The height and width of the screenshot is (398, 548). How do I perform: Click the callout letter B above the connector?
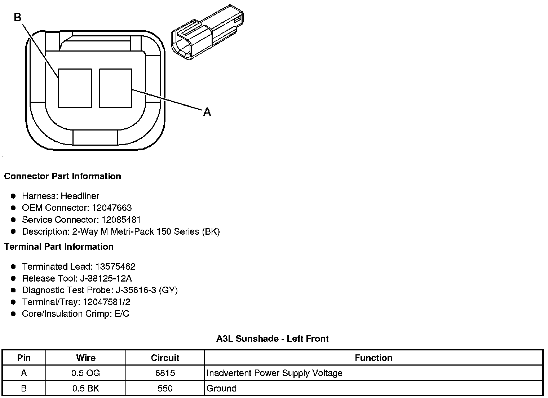pos(18,17)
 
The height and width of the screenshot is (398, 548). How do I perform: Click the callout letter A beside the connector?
pos(207,112)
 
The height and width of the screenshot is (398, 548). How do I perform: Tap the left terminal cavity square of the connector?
pos(75,88)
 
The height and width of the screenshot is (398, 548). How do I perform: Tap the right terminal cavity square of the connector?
pos(115,88)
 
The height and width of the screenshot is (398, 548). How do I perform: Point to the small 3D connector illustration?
pos(207,32)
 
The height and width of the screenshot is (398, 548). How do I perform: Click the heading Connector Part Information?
pos(62,176)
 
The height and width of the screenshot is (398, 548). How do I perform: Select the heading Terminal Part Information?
pos(59,247)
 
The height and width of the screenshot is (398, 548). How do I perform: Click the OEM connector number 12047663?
pos(112,208)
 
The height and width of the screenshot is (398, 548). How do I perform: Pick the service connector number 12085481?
pos(121,220)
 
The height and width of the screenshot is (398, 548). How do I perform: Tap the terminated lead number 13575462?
pos(115,267)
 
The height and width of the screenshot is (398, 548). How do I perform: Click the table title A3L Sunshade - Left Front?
pos(272,339)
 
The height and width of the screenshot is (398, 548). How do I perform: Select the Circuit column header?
pos(165,358)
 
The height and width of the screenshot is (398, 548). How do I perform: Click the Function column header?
pos(374,358)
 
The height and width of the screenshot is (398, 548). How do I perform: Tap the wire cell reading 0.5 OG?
pos(86,373)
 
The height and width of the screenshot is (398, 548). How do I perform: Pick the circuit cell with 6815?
pos(165,373)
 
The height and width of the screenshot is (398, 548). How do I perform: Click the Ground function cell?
pos(221,389)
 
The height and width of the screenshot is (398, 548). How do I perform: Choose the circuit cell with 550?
pos(165,389)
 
